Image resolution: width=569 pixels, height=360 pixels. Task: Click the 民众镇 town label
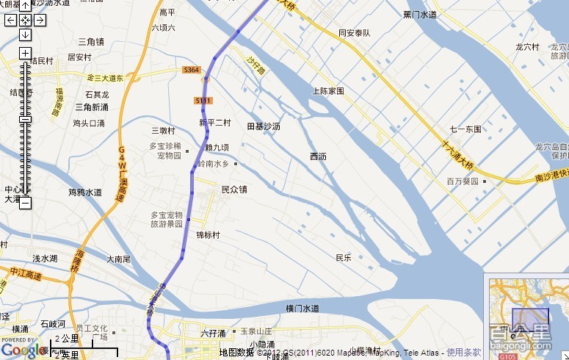234,190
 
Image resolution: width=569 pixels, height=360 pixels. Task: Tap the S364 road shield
192,71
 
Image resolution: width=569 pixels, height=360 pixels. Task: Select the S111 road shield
203,100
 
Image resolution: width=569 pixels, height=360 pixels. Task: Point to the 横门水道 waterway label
302,308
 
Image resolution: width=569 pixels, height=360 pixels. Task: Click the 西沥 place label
318,156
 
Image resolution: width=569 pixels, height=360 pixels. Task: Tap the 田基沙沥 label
264,127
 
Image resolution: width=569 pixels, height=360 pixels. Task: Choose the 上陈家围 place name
328,91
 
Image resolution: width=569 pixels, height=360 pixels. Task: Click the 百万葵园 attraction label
463,181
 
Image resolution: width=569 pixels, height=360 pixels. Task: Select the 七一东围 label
465,129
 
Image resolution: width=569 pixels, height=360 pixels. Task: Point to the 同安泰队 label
355,33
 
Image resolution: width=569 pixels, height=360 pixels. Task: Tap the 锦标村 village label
208,235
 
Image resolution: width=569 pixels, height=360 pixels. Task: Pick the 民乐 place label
344,258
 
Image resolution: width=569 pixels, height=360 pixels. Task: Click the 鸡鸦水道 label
85,192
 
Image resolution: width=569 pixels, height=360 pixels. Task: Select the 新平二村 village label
215,123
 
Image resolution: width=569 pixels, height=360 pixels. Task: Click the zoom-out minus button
25,202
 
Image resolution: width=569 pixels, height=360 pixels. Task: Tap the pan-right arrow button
39,20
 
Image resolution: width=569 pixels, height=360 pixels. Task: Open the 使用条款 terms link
464,353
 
